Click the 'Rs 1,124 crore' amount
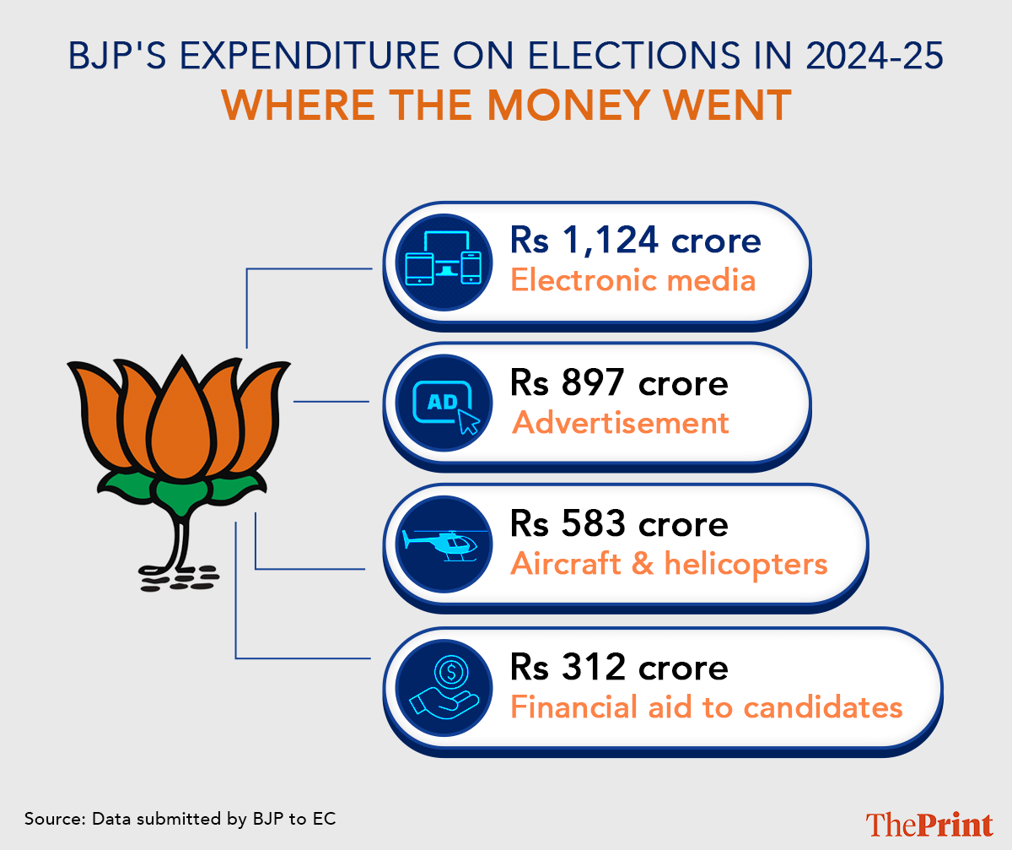635,241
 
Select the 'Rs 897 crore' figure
619,384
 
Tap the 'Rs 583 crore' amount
619,525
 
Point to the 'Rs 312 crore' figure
619,668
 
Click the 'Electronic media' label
632,280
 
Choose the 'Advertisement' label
621,422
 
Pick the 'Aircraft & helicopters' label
669,564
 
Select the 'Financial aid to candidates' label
706,707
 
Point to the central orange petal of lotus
176,422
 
